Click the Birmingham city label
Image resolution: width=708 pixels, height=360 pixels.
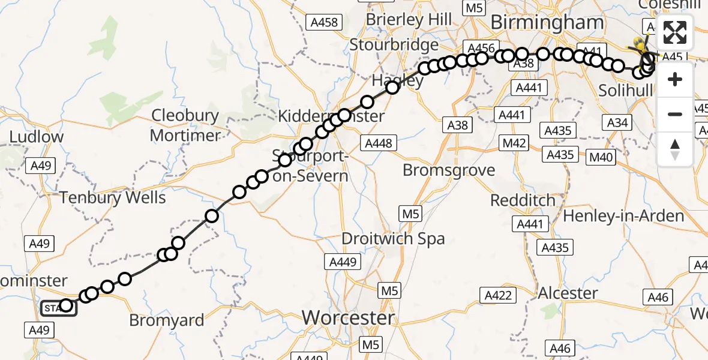[x=547, y=23]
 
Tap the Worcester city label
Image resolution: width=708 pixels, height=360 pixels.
[x=349, y=317]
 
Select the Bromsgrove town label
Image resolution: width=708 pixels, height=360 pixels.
[x=449, y=170]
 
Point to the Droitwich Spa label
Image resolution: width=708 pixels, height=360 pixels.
[x=393, y=239]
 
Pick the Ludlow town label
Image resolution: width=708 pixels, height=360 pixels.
[x=36, y=136]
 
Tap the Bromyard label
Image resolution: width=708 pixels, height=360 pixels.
[x=167, y=320]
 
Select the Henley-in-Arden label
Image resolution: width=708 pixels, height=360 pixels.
[x=623, y=216]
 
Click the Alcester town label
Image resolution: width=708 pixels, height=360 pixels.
[x=568, y=293]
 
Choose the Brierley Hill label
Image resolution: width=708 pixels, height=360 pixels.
[x=409, y=19]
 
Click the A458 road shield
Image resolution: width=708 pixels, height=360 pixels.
[x=324, y=23]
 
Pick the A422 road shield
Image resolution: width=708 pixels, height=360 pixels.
[x=498, y=295]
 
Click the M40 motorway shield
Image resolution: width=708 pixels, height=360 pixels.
[x=602, y=157]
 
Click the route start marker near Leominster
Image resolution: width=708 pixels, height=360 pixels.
[x=58, y=308]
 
